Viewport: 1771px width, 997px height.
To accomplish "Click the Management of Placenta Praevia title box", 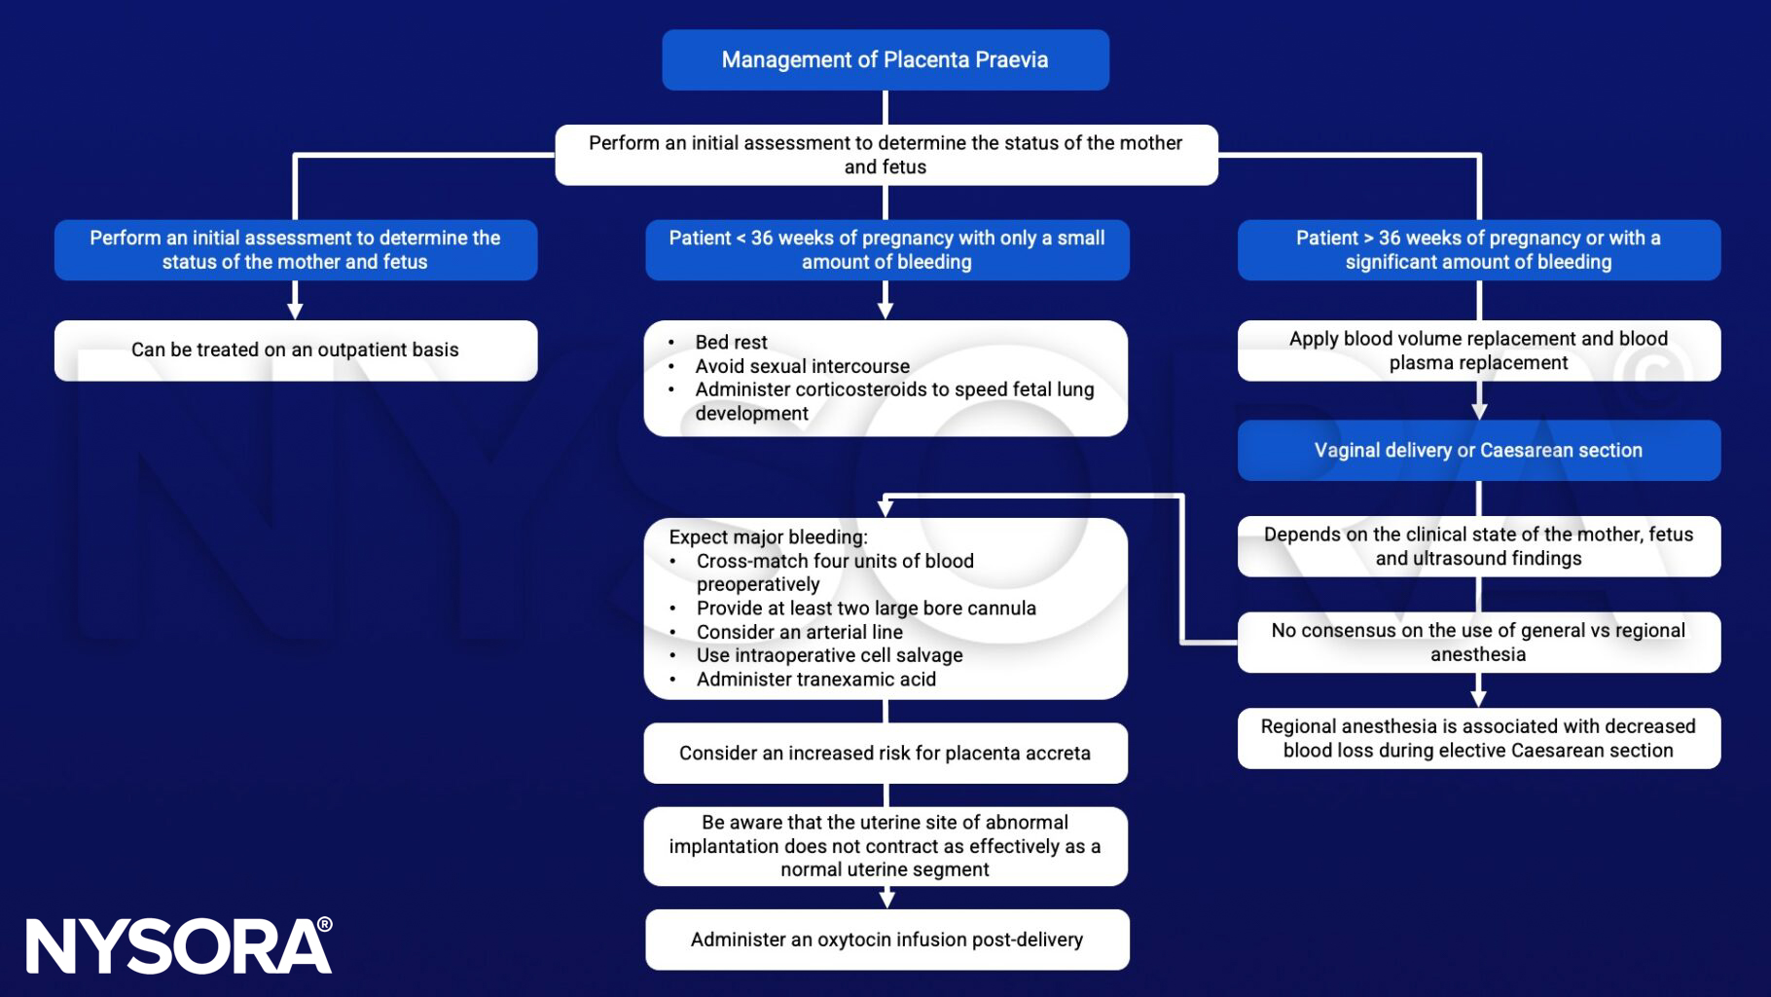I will [x=885, y=60].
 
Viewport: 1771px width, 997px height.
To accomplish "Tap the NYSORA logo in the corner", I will [x=179, y=945].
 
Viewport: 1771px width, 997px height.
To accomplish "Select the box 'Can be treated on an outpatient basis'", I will [x=295, y=351].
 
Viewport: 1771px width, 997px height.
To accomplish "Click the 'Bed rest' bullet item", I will [x=731, y=343].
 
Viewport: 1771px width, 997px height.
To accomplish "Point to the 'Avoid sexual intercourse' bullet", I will [x=802, y=367].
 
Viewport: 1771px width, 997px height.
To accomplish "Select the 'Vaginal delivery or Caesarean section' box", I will [x=1478, y=451].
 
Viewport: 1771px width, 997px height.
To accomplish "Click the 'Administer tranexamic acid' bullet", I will [x=815, y=680].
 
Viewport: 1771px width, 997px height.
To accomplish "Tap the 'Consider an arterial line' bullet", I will [x=799, y=632].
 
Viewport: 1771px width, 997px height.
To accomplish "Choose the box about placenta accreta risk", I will [x=885, y=754].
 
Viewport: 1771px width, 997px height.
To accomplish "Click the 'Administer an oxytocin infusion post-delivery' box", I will [x=886, y=941].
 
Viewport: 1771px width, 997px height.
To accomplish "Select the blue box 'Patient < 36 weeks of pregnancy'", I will [x=886, y=250].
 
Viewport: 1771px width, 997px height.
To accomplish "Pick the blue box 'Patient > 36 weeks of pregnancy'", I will [x=1478, y=250].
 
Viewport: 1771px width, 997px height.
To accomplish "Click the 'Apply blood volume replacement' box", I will [x=1478, y=351].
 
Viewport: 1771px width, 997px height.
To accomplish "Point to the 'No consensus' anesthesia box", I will [x=1478, y=643].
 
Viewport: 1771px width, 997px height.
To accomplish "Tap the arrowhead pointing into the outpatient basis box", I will [x=295, y=312].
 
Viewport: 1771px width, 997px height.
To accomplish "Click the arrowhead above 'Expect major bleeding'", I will [x=885, y=508].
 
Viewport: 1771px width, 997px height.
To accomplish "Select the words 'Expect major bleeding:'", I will [x=768, y=537].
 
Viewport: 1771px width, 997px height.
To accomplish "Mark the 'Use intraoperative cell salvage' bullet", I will [x=829, y=656].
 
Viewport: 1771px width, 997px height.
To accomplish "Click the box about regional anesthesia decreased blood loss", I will [x=1478, y=739].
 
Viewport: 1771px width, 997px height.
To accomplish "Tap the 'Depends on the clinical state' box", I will [x=1478, y=546].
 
